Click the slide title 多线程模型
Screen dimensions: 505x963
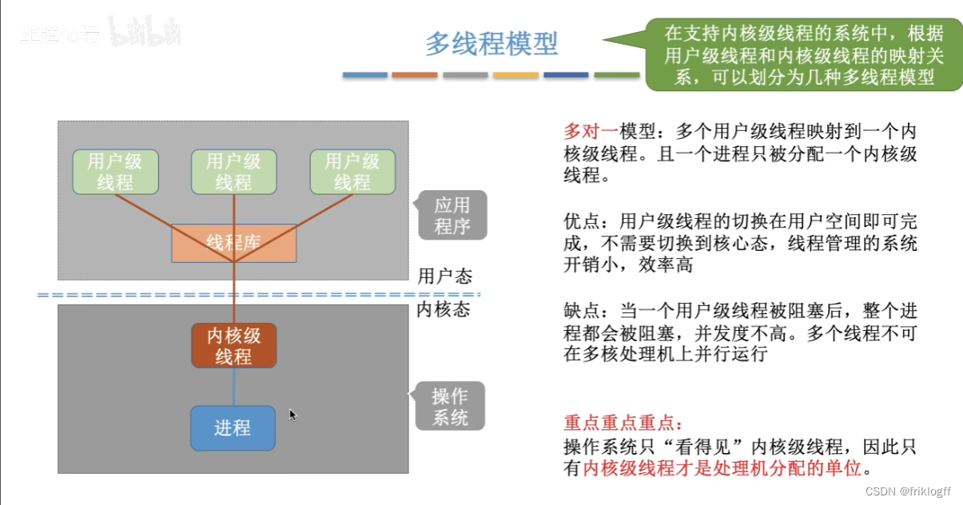491,43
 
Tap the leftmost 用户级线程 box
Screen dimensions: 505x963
115,172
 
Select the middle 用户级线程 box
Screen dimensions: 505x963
233,172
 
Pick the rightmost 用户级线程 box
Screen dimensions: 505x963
352,172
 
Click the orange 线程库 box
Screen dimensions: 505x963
233,243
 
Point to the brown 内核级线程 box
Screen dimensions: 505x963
233,345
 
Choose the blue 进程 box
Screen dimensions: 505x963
233,428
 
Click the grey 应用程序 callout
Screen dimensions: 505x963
452,216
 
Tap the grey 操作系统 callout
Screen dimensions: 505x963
450,407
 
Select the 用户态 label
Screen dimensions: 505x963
445,276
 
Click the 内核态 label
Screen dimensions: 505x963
444,309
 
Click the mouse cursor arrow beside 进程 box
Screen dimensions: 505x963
292,415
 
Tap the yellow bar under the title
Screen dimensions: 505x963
515,75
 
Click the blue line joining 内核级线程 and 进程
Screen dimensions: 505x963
233,387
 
